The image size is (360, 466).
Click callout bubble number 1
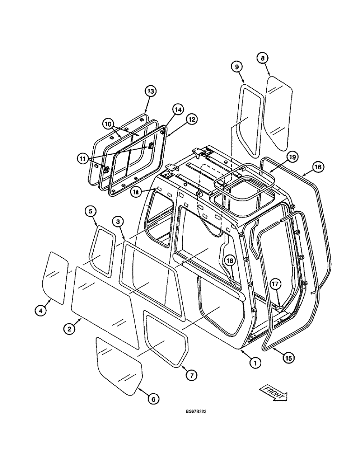click(254, 361)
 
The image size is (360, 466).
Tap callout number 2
click(69, 329)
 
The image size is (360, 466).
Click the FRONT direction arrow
click(273, 391)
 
